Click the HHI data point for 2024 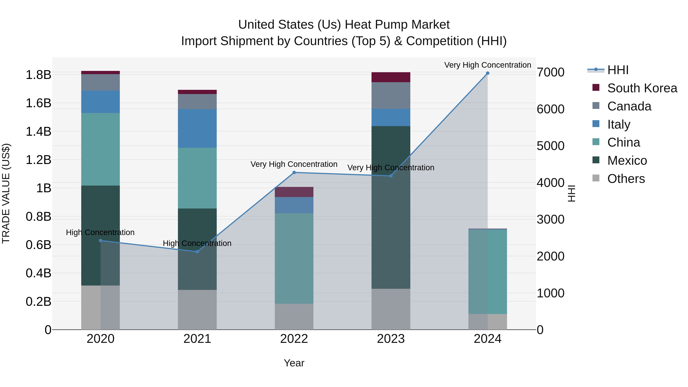pyautogui.click(x=487, y=73)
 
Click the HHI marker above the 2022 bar pyautogui.click(x=294, y=173)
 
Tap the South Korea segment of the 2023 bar pyautogui.click(x=391, y=77)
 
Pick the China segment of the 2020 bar pyautogui.click(x=100, y=149)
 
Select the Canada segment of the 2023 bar pyautogui.click(x=391, y=95)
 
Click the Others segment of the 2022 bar pyautogui.click(x=294, y=316)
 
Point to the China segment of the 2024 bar pyautogui.click(x=487, y=271)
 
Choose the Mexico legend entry pyautogui.click(x=627, y=161)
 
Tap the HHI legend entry pyautogui.click(x=618, y=70)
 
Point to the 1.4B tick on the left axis pyautogui.click(x=38, y=131)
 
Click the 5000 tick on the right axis pyautogui.click(x=550, y=146)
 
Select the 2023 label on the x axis pyautogui.click(x=391, y=339)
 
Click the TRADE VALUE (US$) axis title pyautogui.click(x=6, y=193)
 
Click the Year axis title pyautogui.click(x=294, y=363)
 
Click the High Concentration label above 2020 pyautogui.click(x=100, y=232)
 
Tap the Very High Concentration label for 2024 pyautogui.click(x=487, y=65)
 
